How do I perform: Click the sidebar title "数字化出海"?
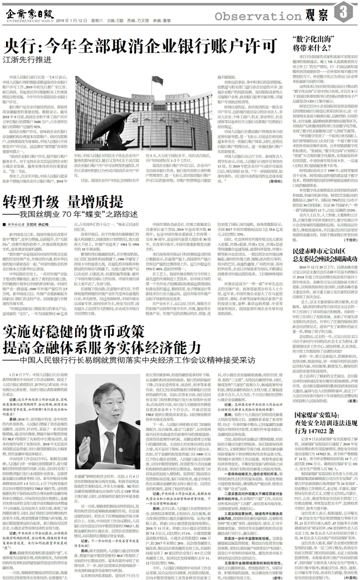click(315, 39)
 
